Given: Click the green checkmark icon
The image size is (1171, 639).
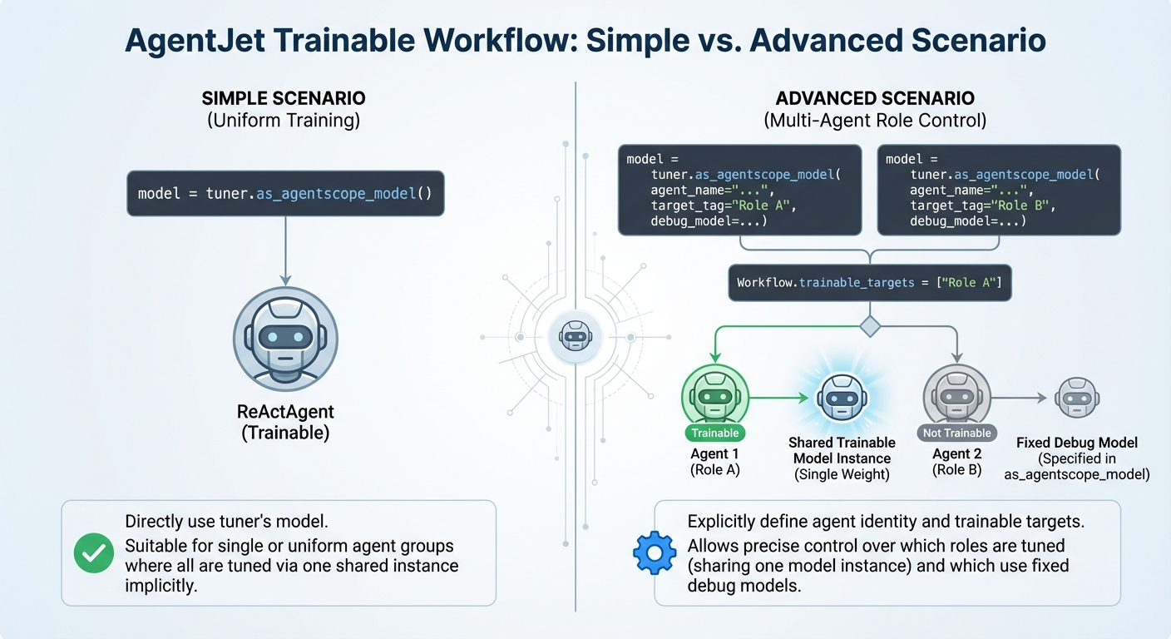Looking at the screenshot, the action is [94, 552].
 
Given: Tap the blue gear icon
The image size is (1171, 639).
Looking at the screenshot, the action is [654, 552].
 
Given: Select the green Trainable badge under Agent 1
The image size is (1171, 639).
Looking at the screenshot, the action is [714, 433].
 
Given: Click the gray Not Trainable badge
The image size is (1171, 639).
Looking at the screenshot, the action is [956, 433].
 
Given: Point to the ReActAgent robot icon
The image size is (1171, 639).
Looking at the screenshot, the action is [285, 339].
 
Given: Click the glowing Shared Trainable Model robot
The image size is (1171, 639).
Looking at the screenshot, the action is [842, 398].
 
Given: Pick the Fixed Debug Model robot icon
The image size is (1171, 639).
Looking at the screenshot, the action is [1077, 398].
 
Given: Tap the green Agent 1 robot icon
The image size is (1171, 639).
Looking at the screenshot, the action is [714, 396].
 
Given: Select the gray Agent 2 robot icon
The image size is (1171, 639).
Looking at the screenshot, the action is [956, 396].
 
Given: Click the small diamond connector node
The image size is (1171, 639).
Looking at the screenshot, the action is [870, 326].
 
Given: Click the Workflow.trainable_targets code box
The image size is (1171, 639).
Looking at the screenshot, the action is [870, 283].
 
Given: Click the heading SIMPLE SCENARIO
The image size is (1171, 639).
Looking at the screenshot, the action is [284, 98].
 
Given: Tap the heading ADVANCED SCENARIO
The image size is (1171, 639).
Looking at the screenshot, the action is [875, 98].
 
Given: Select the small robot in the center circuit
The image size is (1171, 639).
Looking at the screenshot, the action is [575, 335].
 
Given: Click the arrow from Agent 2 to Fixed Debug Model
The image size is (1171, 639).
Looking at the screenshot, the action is [1019, 398].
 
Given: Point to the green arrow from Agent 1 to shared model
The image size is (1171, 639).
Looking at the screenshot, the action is [779, 398].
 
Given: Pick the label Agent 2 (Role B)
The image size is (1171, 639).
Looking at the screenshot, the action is [956, 461].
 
